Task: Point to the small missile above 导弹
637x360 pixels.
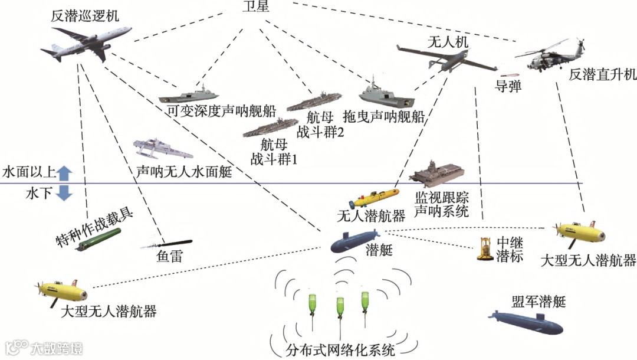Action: pyautogui.click(x=507, y=76)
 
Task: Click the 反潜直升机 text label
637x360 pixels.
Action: pyautogui.click(x=602, y=75)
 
